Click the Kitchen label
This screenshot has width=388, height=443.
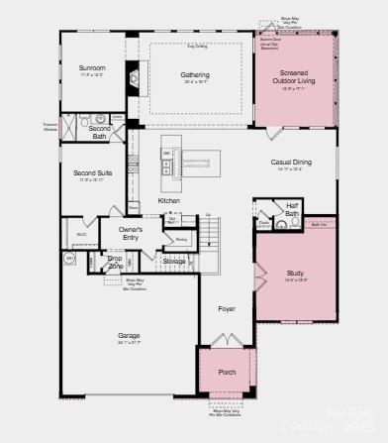[x=169, y=201]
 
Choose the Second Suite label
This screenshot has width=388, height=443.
[x=92, y=173]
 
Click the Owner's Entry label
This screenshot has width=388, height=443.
[x=132, y=234]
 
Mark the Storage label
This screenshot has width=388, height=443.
[x=174, y=261]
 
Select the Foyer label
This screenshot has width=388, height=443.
[x=228, y=309]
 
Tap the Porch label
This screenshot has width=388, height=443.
[x=228, y=373]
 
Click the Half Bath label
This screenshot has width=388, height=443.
[x=292, y=210]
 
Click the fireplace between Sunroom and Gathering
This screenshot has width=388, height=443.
[x=136, y=79]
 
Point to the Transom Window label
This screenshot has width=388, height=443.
[x=49, y=127]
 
